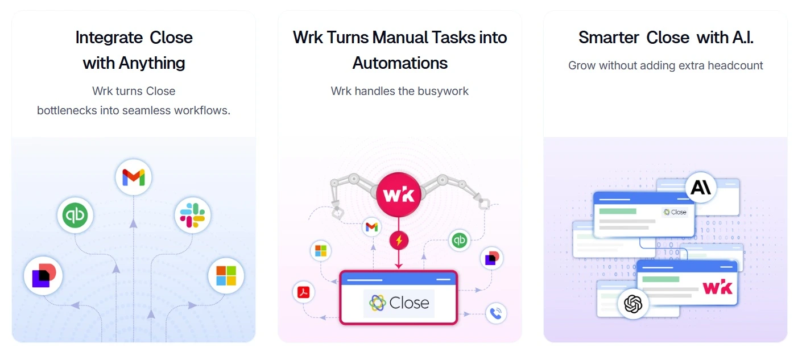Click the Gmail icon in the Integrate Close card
[x=134, y=177]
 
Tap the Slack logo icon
[x=193, y=216]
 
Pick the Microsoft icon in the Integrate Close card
[x=226, y=276]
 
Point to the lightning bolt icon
[x=399, y=241]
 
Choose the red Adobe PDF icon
[x=304, y=292]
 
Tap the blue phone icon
[x=496, y=313]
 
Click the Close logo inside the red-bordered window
[x=399, y=303]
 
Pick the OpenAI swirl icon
[x=633, y=304]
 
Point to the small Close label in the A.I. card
[x=675, y=212]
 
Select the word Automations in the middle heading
[x=400, y=63]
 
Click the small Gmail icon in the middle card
[x=371, y=227]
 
